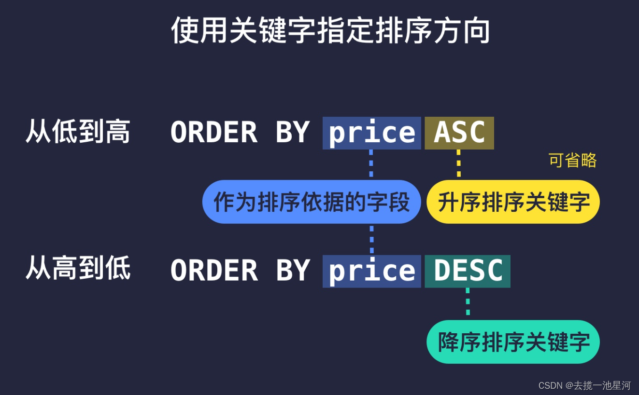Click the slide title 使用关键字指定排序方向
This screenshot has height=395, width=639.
pos(331,31)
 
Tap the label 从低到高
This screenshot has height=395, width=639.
pos(78,132)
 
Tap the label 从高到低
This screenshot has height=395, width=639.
pos(78,269)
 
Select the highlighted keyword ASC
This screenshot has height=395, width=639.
pos(459,133)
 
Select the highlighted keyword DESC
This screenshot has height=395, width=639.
pos(468,271)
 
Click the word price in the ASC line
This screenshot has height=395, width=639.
pos(371,133)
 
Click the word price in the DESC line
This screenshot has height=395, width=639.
pos(371,271)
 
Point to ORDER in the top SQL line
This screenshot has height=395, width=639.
pos(213,133)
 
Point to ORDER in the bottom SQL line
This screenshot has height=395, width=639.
pos(213,271)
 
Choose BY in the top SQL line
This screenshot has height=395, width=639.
pos(292,133)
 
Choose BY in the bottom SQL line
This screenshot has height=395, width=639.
pos(292,271)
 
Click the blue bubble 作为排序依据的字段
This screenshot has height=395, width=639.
pos(312,202)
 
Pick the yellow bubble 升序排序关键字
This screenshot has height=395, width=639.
pos(513,202)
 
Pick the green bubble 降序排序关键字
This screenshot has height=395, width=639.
pos(513,342)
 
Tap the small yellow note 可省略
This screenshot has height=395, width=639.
pos(572,160)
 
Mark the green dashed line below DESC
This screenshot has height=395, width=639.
pos(468,302)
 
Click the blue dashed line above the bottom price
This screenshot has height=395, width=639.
pos(371,239)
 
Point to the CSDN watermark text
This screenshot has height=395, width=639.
pos(584,385)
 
